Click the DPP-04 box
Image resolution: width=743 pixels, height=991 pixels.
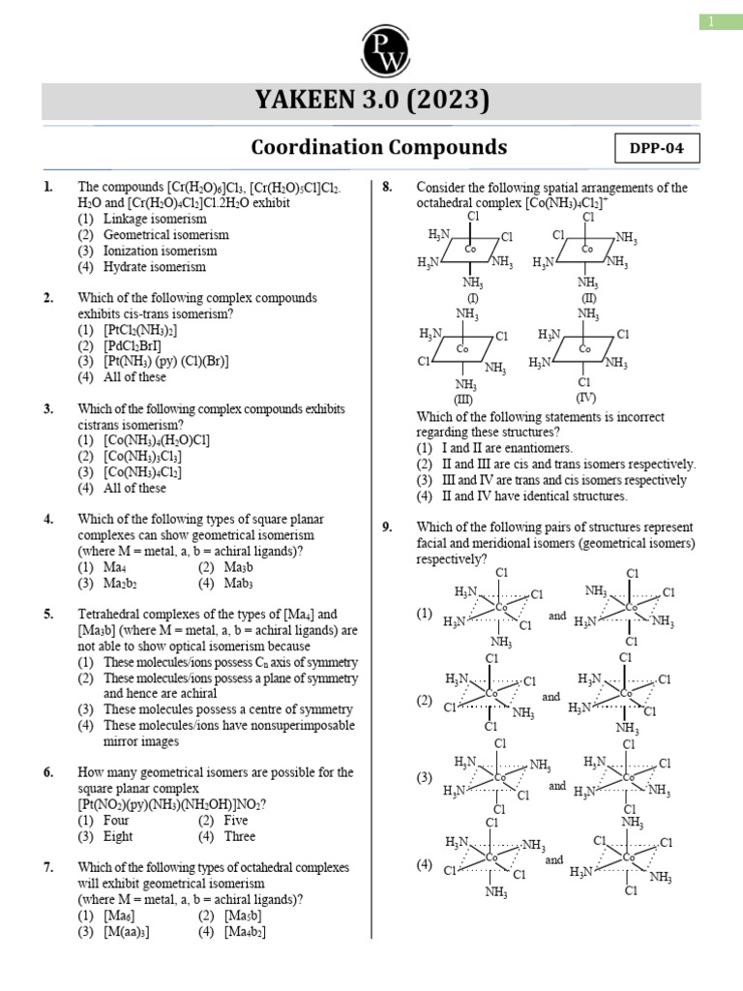(657, 149)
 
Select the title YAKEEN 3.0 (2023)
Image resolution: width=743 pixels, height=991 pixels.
(371, 101)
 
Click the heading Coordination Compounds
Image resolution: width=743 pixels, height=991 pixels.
(378, 147)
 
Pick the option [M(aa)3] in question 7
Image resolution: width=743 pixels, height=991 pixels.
(126, 931)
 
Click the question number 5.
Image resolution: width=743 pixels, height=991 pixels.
(47, 615)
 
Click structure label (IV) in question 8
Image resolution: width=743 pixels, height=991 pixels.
(586, 398)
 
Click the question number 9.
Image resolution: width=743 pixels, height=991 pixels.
(387, 527)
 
